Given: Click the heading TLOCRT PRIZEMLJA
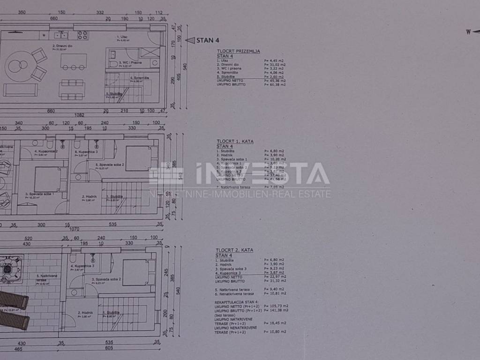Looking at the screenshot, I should pyautogui.click(x=238, y=51).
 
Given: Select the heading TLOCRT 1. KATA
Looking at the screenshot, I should pyautogui.click(x=234, y=141).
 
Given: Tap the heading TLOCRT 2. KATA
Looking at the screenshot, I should pyautogui.click(x=234, y=250).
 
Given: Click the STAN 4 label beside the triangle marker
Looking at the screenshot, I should pyautogui.click(x=208, y=40).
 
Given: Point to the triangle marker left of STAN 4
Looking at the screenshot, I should pyautogui.click(x=190, y=40).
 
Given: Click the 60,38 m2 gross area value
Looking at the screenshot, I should pyautogui.click(x=275, y=84).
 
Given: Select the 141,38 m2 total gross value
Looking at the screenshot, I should pyautogui.click(x=276, y=310).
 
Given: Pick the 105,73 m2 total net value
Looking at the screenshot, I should pyautogui.click(x=276, y=306).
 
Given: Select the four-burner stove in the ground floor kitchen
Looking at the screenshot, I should pyautogui.click(x=82, y=35).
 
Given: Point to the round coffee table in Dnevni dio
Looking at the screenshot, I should pyautogui.click(x=18, y=66).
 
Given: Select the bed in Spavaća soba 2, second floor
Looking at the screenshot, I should pyautogui.click(x=136, y=272).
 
